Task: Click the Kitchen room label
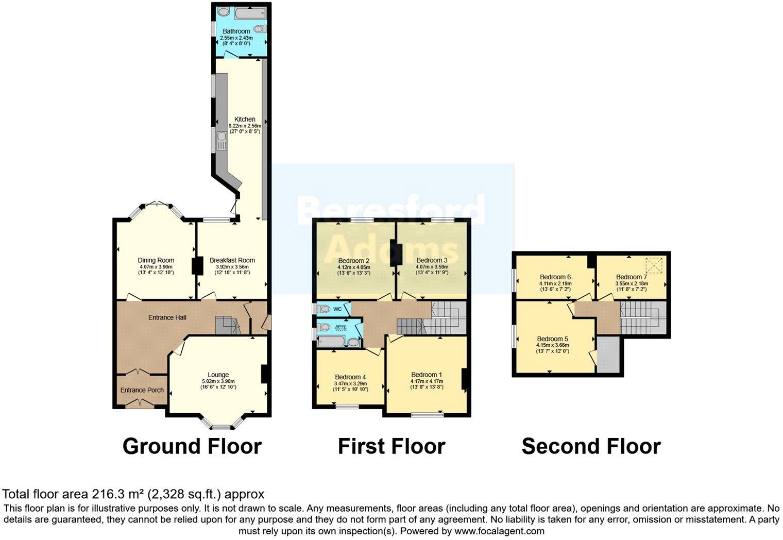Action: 245,119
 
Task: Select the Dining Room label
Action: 156,260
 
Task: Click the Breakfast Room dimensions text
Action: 232,269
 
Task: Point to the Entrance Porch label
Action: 142,390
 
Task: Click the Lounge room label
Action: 218,375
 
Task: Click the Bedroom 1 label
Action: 427,375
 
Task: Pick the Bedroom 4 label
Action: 350,377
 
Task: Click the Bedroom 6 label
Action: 555,277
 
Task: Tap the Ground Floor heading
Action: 192,446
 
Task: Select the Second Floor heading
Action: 591,446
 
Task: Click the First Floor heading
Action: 391,446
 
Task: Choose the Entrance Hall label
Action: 167,317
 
